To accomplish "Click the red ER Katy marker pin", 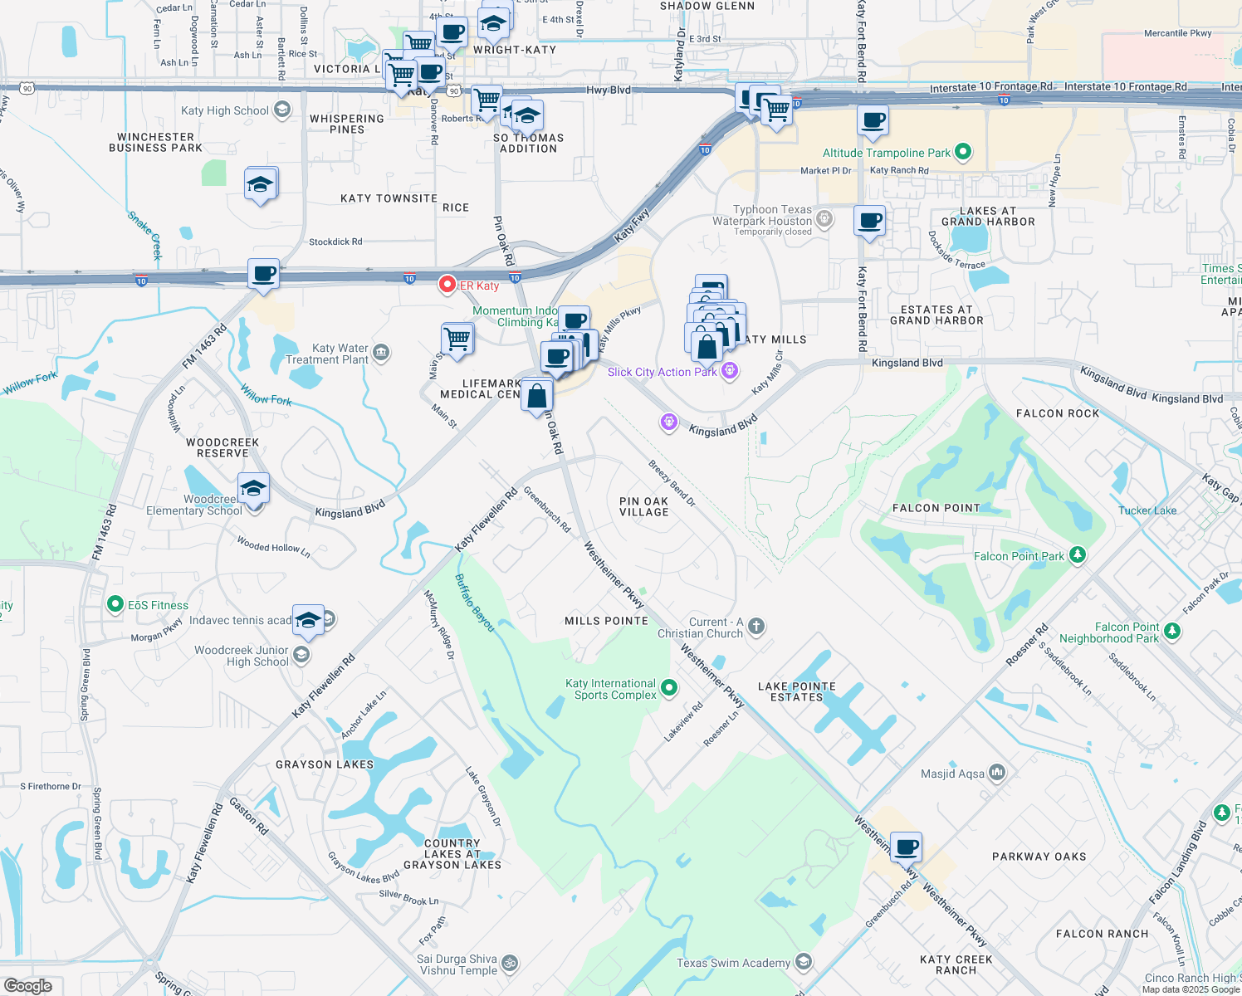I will [x=447, y=285].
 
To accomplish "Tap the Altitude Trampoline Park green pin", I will [x=963, y=152].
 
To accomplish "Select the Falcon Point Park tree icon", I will [x=1077, y=554].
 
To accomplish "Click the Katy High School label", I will [x=225, y=110].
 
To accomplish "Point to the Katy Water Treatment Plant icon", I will [x=381, y=353].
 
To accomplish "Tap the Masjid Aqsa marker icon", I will [x=997, y=773].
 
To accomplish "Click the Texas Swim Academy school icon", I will [x=803, y=962].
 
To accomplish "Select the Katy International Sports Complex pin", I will [x=669, y=687].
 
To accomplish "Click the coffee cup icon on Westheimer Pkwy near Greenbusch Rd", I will [x=907, y=848].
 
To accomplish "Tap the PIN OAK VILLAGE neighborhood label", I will [x=644, y=506].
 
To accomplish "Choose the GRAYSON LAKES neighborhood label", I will [x=325, y=764].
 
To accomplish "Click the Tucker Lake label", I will [x=1147, y=510].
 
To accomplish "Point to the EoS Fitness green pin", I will [x=115, y=604].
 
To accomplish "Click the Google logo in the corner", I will [x=28, y=985].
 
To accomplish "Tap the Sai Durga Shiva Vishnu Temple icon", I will [x=510, y=963].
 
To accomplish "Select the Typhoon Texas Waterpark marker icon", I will [x=824, y=219].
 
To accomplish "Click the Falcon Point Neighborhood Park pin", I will [x=1171, y=632].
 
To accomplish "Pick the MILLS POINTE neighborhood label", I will [x=606, y=621].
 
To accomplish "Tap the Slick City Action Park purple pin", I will [x=730, y=371].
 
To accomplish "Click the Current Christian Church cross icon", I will [x=755, y=626].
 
